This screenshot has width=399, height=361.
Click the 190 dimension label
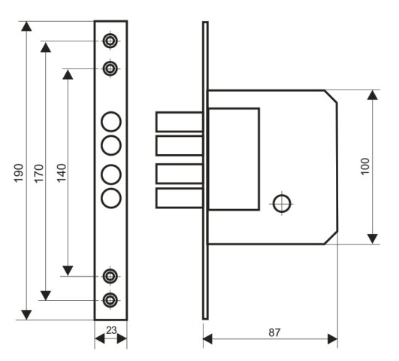tap(19, 173)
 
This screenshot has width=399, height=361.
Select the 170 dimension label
tap(39, 174)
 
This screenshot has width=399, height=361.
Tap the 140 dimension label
tap(62, 173)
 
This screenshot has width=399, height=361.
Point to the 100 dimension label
tap(365, 166)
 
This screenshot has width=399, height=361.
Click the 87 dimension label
tap(275, 332)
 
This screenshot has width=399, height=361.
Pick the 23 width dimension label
tap(111, 330)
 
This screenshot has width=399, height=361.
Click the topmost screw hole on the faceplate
tap(110, 41)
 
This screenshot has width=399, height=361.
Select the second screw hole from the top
tap(110, 68)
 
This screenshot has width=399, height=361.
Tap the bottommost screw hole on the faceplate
tap(110, 300)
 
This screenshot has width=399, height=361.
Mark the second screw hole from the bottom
tap(110, 276)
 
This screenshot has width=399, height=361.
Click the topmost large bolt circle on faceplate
tap(111, 122)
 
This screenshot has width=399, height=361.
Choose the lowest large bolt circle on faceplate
tap(111, 199)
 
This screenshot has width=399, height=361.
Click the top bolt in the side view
tap(180, 122)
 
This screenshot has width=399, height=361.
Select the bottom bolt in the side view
tap(180, 199)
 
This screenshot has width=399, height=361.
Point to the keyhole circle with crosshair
tap(282, 204)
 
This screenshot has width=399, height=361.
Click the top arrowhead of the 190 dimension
tap(26, 26)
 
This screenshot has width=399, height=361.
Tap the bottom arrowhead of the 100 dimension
tap(373, 239)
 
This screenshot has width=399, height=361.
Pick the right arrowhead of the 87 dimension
tap(333, 339)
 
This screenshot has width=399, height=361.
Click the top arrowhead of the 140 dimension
tap(68, 74)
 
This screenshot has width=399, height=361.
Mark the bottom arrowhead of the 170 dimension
tap(46, 296)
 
